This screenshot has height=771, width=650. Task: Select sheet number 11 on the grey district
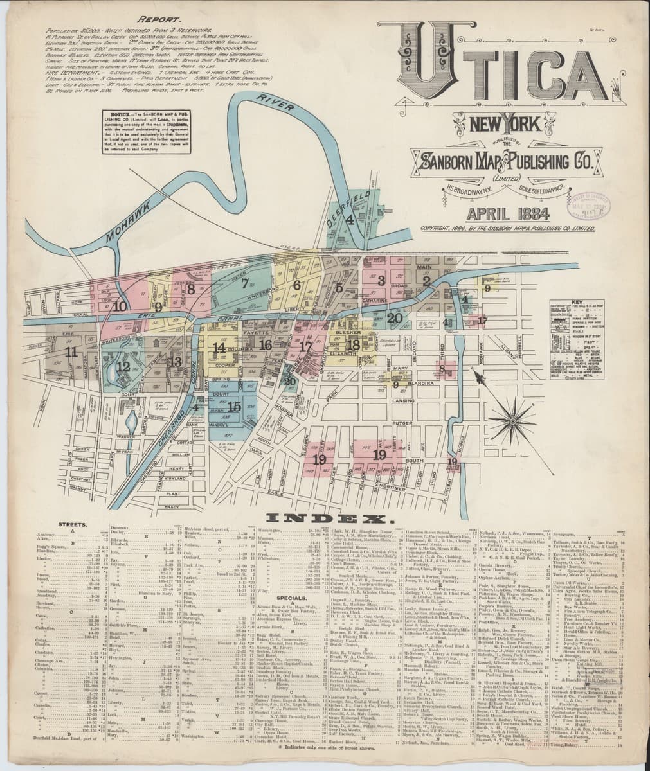(x=71, y=351)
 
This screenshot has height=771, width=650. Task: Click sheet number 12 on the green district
(x=123, y=367)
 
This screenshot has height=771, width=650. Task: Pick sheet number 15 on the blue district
(x=234, y=406)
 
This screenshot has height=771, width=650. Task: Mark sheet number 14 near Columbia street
(x=219, y=348)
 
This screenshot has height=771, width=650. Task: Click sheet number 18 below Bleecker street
(x=353, y=344)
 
